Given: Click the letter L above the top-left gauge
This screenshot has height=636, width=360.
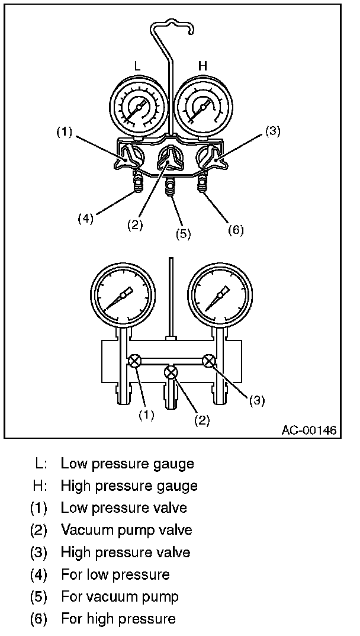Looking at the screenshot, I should point(138,66).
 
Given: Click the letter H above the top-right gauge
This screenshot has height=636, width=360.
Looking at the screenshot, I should point(202,66).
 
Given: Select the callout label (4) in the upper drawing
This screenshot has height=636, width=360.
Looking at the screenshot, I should point(86,218).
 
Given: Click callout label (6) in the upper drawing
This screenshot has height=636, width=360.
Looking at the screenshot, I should point(236,229).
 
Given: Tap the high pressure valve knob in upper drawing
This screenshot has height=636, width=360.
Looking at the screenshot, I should point(213,159).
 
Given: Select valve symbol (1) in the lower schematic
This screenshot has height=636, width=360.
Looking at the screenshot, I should point(135,360).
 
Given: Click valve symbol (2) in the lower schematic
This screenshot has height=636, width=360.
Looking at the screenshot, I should point(172,372).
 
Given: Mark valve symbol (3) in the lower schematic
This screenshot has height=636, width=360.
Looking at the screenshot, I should point(208,360).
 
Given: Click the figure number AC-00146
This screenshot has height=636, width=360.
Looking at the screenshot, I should point(309,431).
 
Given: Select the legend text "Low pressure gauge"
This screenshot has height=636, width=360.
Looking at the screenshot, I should point(127,463).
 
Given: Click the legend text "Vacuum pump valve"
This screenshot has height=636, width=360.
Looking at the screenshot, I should point(126,530).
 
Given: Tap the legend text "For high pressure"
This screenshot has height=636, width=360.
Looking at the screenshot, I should point(118,619).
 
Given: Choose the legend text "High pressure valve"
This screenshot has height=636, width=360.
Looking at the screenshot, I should point(126,553).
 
